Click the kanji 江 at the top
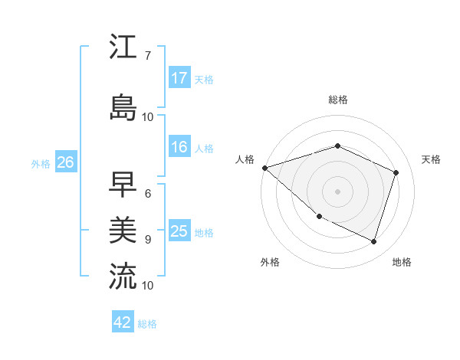tap(123, 47)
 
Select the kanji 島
tap(123, 106)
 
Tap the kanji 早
tap(123, 185)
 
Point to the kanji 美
tap(123, 229)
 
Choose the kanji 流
tap(123, 275)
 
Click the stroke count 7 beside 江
tap(147, 56)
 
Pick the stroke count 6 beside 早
tap(147, 194)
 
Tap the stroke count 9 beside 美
tap(147, 239)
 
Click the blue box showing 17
tap(179, 78)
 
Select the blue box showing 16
tap(179, 147)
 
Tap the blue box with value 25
tap(179, 231)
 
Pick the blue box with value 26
tap(65, 162)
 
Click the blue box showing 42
tap(123, 322)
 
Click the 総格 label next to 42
tap(147, 324)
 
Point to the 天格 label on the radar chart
tap(431, 159)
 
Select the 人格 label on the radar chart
tap(245, 159)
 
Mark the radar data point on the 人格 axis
tap(264, 168)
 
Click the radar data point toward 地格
tap(373, 241)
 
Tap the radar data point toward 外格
tap(319, 217)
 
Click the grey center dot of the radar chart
tap(337, 191)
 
